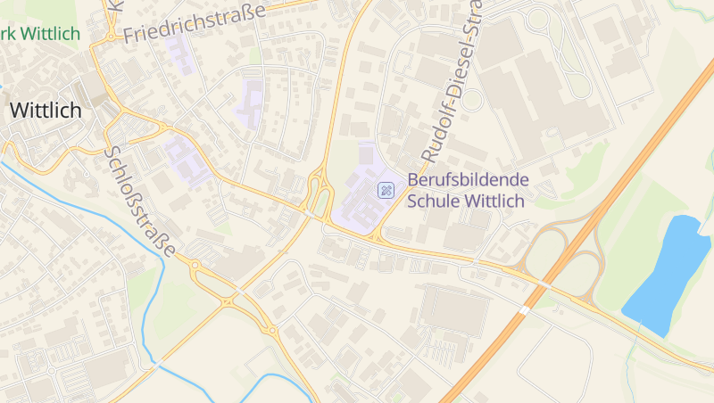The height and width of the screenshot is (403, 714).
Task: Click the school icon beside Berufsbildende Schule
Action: click(386, 189)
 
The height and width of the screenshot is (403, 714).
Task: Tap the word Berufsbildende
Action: click(468, 180)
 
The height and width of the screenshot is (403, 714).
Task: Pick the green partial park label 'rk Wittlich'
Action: click(41, 35)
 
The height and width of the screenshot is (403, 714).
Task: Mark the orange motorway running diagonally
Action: click(625, 177)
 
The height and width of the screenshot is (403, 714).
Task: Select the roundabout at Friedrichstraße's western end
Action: click(110, 37)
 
